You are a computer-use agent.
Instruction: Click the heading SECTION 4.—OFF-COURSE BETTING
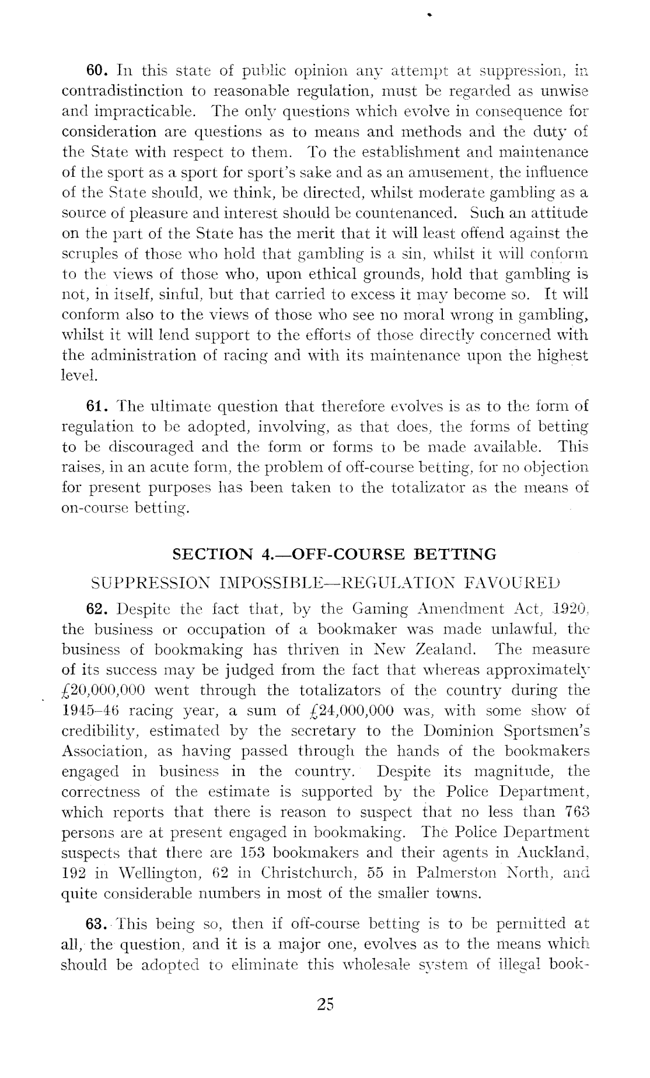335,554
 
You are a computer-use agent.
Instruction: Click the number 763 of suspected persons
575,813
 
